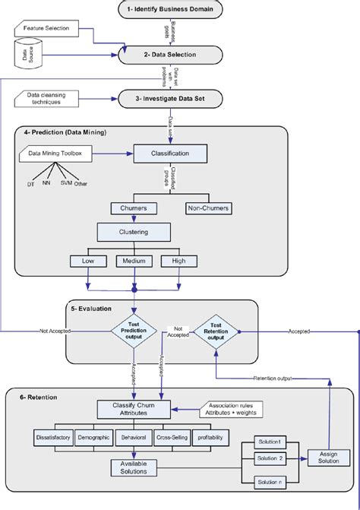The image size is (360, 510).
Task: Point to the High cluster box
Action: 178,261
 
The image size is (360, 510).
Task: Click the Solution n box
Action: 270,482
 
